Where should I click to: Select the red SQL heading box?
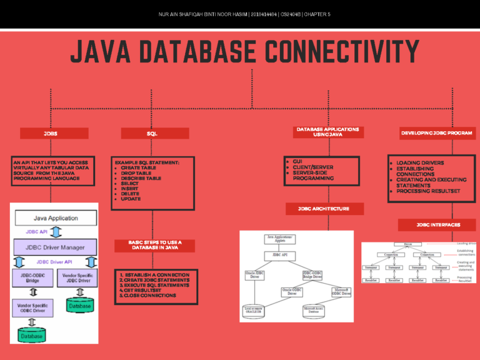154,133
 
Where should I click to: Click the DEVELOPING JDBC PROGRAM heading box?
437,133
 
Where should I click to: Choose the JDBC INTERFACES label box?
437,224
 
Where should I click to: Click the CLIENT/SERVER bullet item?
314,167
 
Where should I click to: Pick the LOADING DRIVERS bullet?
420,163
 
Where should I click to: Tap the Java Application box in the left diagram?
56,218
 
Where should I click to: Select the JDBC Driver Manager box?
55,247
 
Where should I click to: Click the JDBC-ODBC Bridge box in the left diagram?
33,277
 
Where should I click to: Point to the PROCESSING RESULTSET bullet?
428,191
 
